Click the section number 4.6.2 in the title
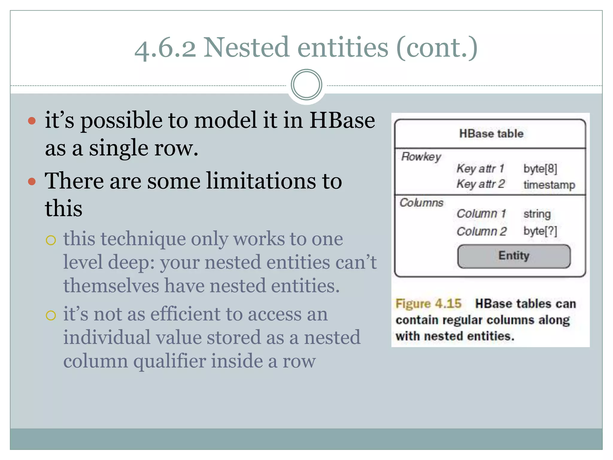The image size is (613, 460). pos(165,48)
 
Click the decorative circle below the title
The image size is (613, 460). pos(306,85)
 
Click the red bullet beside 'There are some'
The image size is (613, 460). pos(32,181)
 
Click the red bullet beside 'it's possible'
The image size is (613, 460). pos(32,121)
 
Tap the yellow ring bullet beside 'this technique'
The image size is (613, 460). pos(51,240)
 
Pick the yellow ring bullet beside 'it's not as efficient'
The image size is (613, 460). pos(51,315)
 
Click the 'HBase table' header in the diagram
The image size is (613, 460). pos(491,134)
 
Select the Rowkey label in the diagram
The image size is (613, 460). pos(421,157)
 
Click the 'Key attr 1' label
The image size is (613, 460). pos(480,168)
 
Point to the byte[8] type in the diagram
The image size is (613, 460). pos(540,169)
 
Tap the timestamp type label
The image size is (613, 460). pos(549,184)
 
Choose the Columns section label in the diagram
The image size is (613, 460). pos(421,203)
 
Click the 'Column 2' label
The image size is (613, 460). pos(481,231)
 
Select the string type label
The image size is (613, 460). pos(537,214)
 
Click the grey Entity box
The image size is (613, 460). pos(514,256)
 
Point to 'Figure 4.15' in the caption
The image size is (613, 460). pos(428,304)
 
